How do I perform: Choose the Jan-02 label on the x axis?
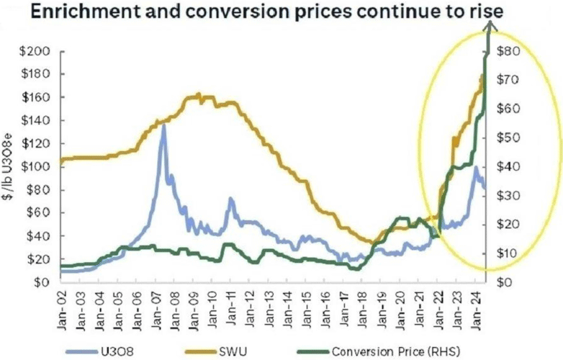point(62,303)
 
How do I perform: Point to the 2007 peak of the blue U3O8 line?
point(163,125)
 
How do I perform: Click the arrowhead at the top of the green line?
point(491,25)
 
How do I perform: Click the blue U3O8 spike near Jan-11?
point(230,199)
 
